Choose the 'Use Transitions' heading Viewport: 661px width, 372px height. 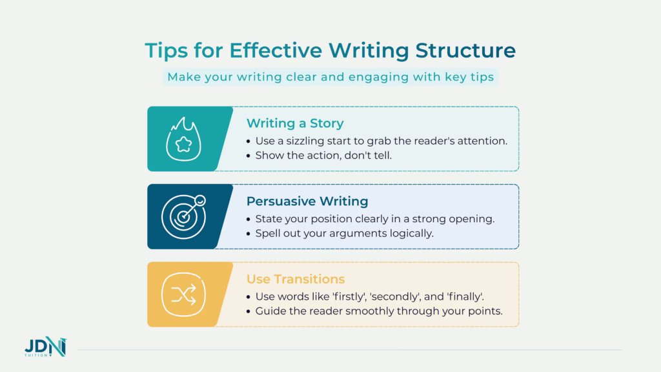point(296,279)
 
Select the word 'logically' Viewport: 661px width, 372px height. point(410,233)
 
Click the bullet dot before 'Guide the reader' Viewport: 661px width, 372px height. point(250,311)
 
